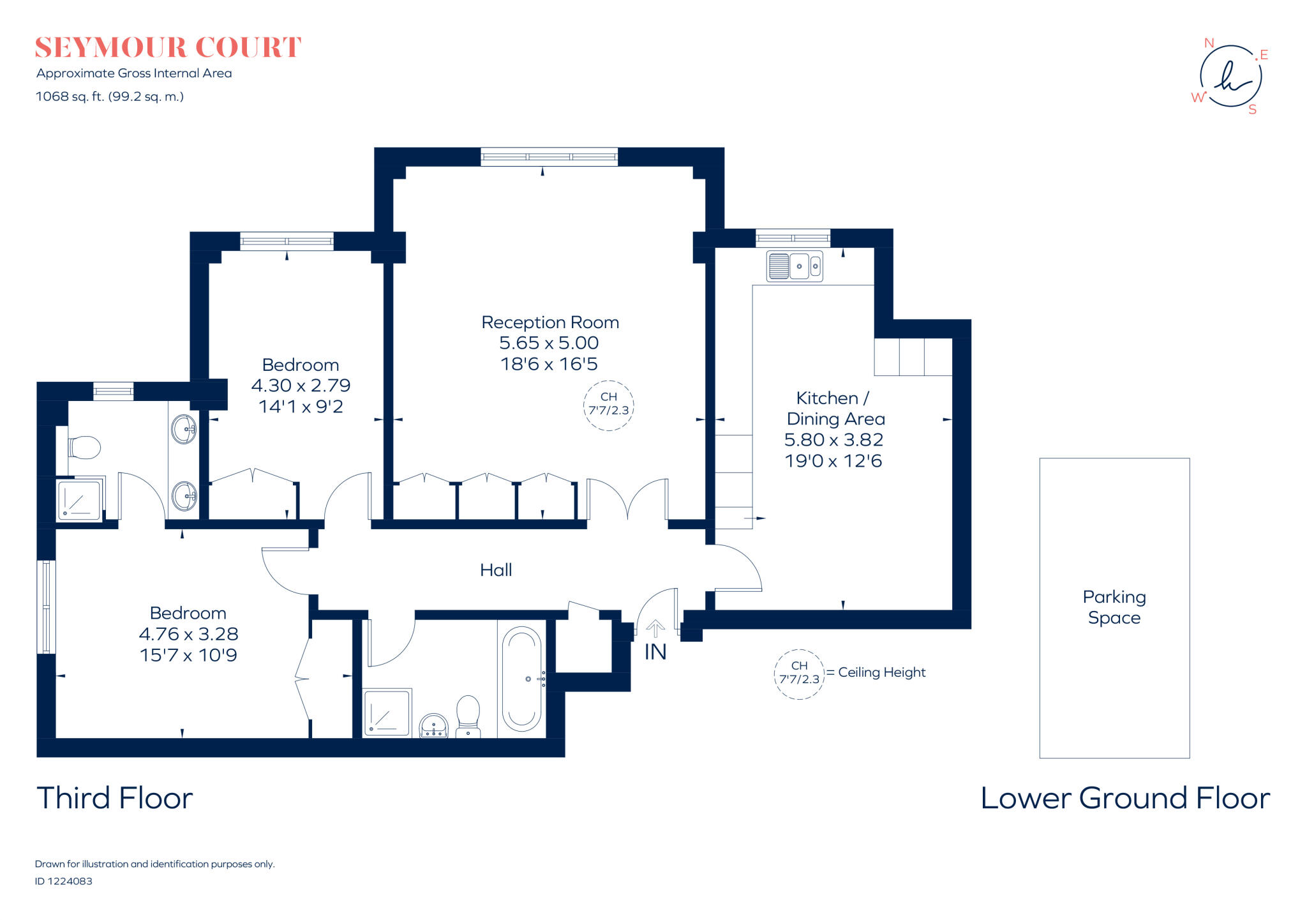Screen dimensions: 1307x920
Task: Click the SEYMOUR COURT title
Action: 168,48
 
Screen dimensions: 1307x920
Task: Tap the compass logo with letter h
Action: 1230,76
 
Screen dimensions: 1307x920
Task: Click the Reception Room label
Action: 550,322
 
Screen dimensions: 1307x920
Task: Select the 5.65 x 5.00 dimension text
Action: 549,343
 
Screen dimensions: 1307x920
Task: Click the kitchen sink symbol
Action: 795,266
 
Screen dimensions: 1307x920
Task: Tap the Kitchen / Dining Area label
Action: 835,409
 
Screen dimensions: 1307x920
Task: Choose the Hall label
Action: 496,569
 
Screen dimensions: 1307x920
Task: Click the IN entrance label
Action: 655,652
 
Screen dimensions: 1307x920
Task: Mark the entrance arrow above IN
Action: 655,628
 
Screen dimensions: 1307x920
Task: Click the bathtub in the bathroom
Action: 521,679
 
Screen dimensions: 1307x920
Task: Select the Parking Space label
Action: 1114,607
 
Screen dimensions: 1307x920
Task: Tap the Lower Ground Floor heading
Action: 1125,798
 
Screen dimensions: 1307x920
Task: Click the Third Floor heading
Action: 115,798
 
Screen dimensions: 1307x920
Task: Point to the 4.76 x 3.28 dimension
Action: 188,634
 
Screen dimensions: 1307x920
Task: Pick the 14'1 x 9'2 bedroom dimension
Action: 301,407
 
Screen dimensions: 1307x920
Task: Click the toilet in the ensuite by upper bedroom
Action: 84,448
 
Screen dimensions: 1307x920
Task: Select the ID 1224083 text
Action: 64,881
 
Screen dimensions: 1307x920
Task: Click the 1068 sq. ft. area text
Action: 110,97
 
